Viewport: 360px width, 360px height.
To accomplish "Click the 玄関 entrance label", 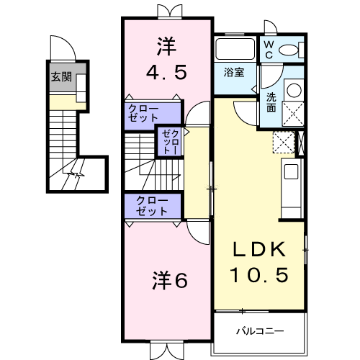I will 60,77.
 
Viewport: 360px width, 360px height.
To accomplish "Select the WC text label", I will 267,49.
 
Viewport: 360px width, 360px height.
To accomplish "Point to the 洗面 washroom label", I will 271,102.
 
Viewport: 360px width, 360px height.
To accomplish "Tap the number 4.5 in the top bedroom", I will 166,72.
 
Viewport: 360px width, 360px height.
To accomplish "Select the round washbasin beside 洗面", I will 294,91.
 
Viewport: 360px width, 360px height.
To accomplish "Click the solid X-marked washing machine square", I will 294,114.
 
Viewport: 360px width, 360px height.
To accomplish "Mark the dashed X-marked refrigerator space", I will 284,141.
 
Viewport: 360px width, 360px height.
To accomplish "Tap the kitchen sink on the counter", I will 292,172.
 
